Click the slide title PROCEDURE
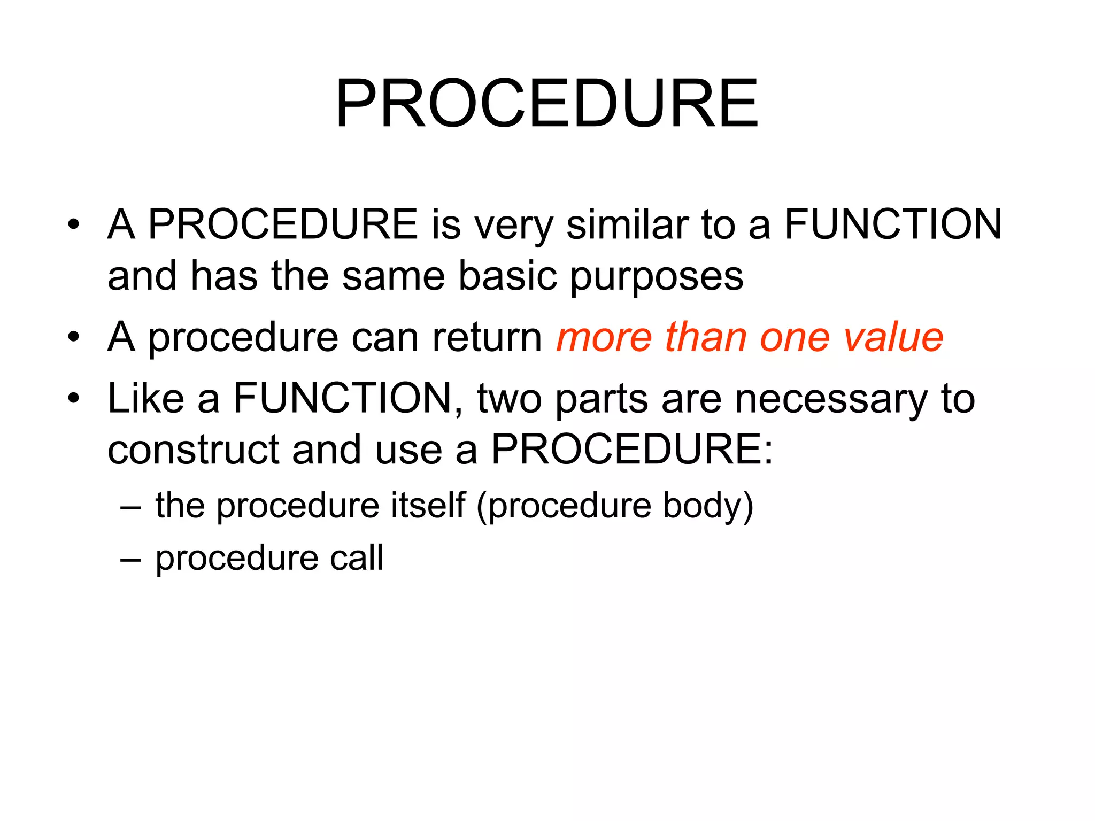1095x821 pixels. pyautogui.click(x=546, y=104)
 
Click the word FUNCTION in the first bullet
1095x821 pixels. pyautogui.click(x=892, y=224)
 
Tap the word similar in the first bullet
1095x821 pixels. pyautogui.click(x=627, y=224)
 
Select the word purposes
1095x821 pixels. pyautogui.click(x=657, y=277)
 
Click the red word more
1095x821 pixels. pyautogui.click(x=604, y=338)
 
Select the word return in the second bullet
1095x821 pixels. pyautogui.click(x=487, y=338)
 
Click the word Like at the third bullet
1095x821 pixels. pyautogui.click(x=145, y=398)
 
